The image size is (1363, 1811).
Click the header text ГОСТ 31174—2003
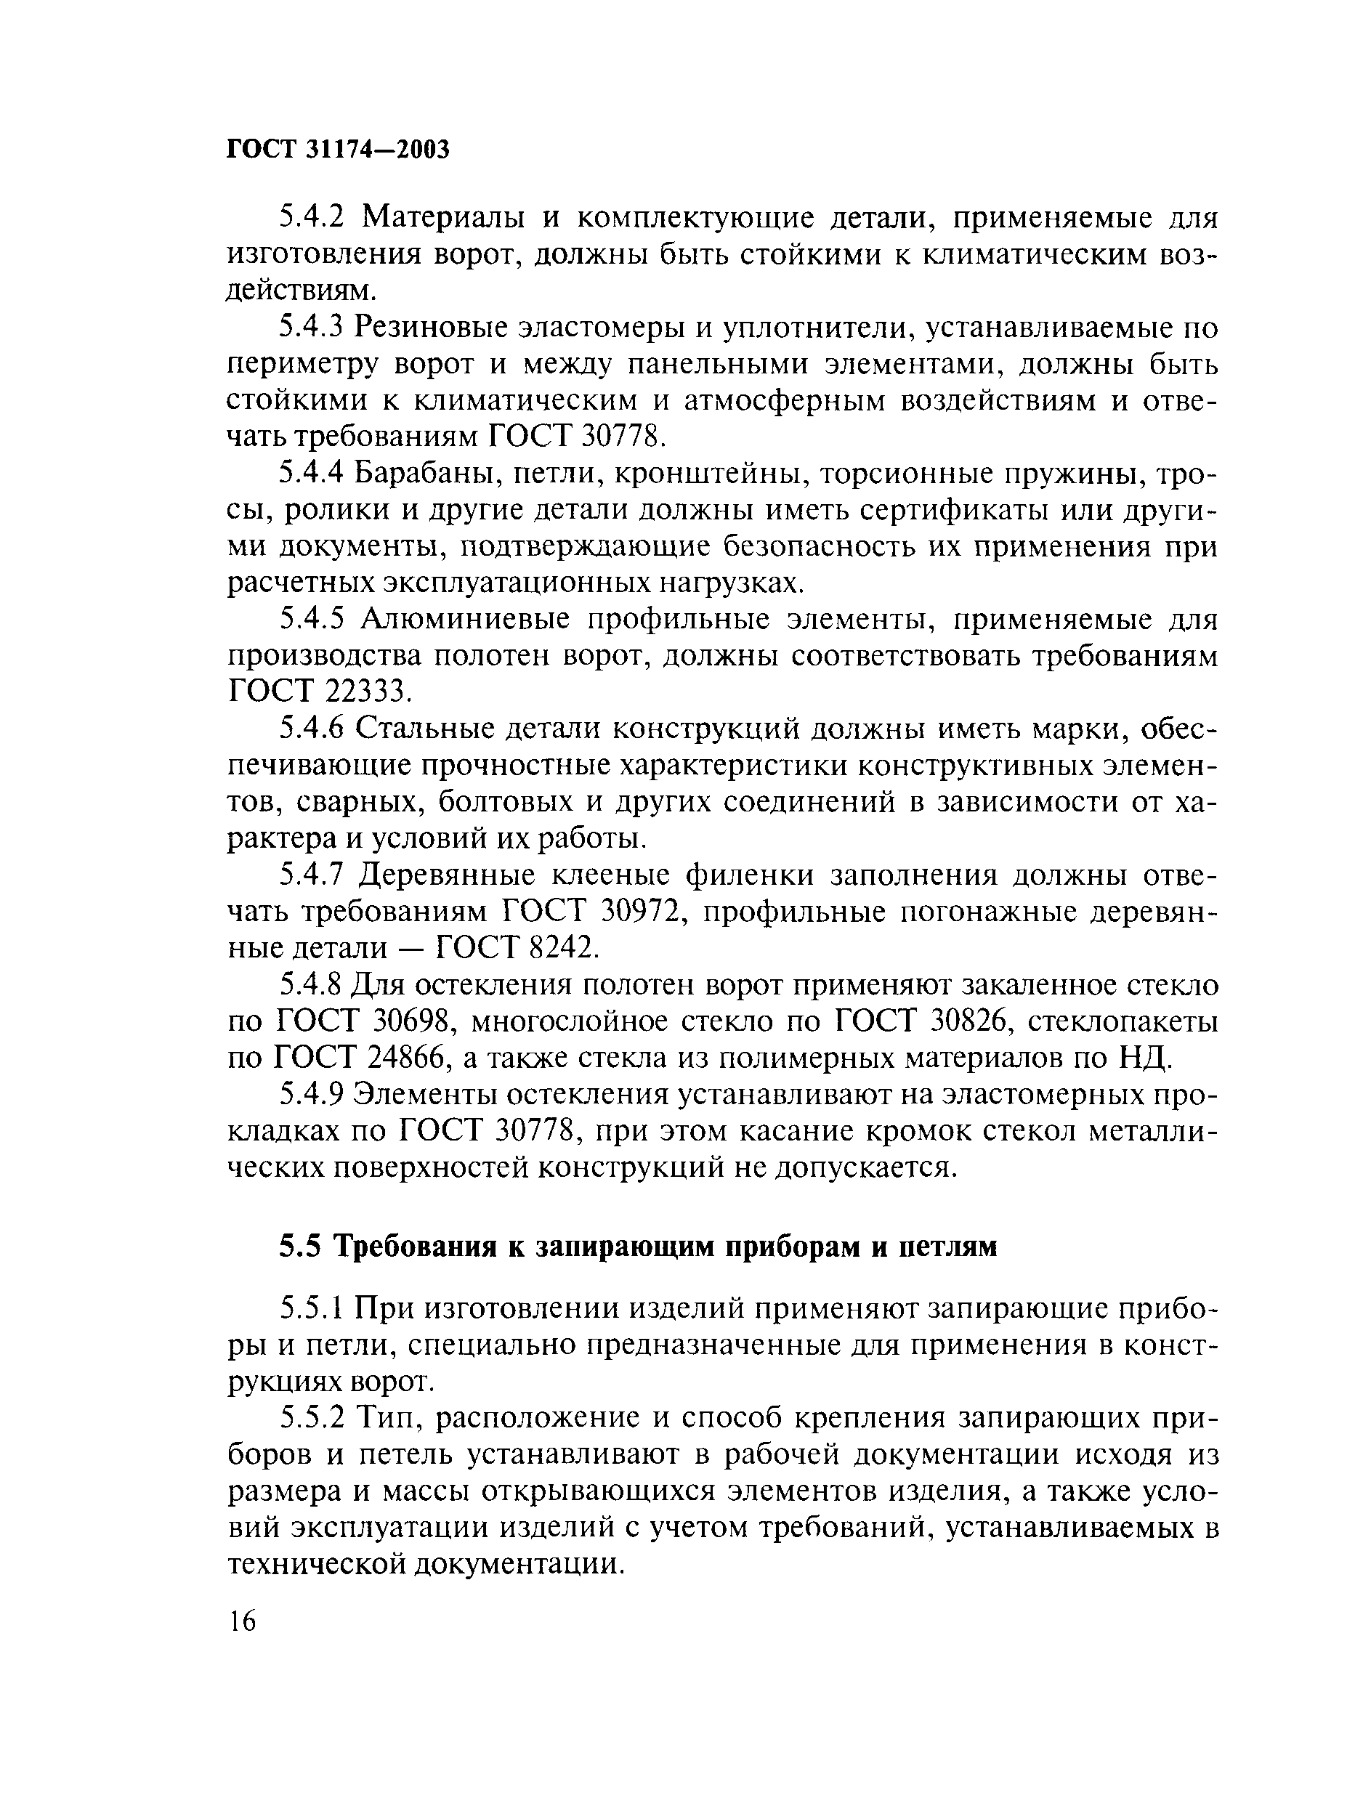point(338,149)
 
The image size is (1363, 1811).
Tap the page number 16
point(243,1620)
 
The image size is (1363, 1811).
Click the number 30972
point(639,911)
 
